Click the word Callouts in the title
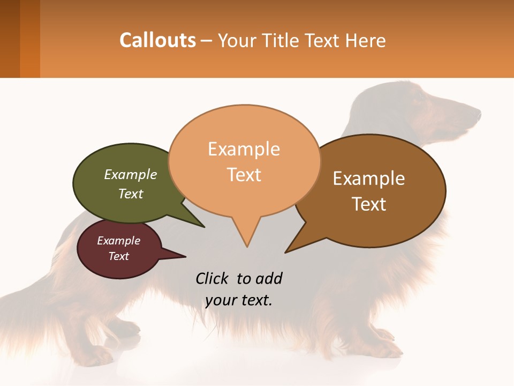pos(157,40)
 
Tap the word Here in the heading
pos(364,40)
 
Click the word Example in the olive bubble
pos(131,174)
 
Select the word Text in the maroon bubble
pos(119,256)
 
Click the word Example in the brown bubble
pos(369,179)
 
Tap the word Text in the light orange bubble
pos(244,175)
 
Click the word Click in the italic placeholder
pos(213,278)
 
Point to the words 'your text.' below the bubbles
pos(239,300)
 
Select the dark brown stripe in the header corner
pos(10,39)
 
